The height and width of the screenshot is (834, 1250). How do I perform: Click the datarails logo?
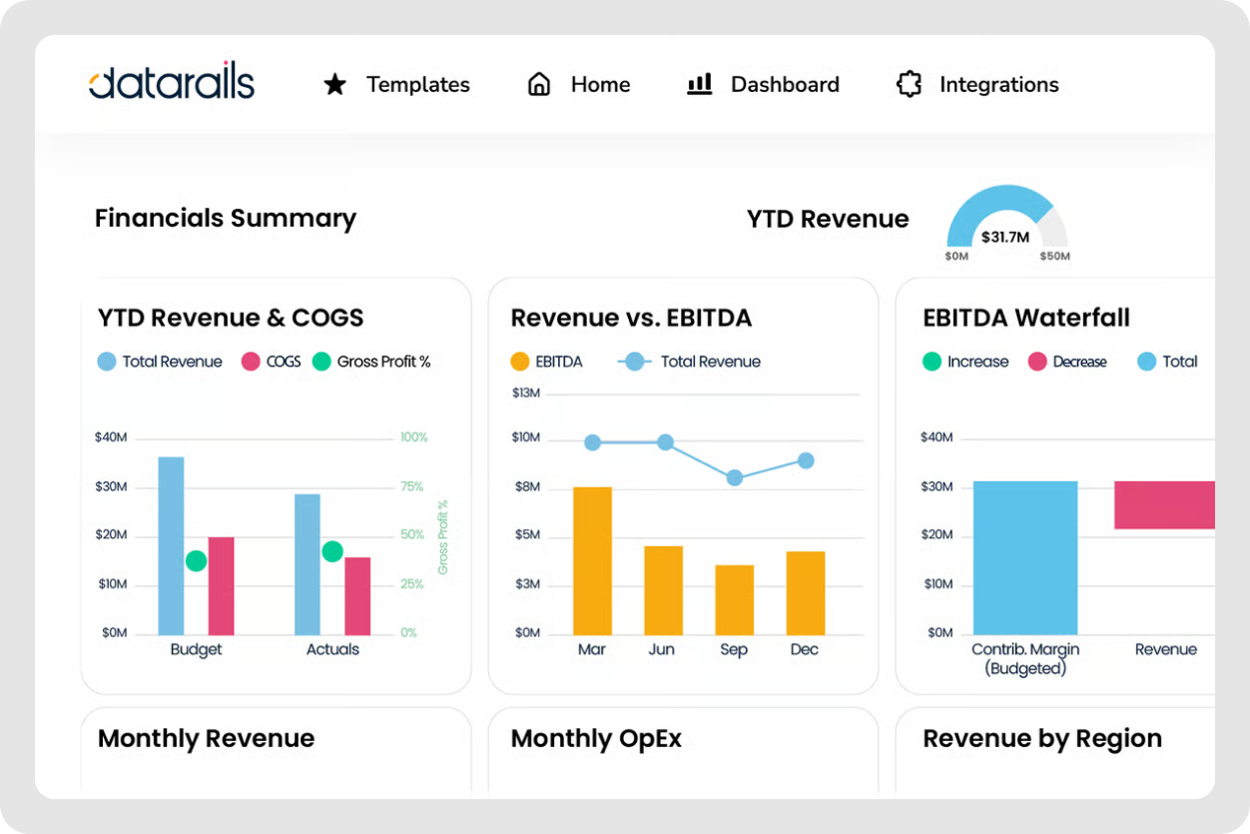pos(171,84)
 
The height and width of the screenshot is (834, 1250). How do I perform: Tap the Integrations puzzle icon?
pos(909,85)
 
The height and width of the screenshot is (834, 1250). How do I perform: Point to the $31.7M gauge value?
pos(1006,237)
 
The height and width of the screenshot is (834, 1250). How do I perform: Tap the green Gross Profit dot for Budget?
pos(196,560)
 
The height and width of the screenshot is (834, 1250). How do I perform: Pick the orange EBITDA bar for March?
pos(592,560)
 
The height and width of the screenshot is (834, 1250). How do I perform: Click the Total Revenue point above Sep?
pos(734,477)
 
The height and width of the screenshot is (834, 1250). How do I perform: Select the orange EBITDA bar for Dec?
pos(805,592)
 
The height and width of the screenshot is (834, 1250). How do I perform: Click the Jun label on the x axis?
pos(661,649)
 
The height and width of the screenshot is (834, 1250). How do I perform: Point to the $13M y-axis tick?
pos(525,394)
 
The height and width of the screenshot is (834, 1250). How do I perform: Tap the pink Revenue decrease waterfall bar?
pos(1164,504)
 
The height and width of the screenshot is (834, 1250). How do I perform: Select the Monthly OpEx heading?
pos(596,738)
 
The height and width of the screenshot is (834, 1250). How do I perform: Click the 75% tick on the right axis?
pos(411,486)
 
